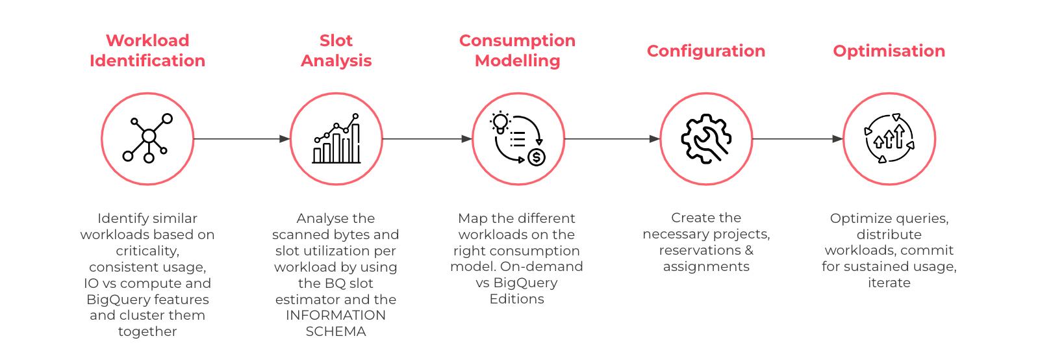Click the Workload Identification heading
[x=147, y=51]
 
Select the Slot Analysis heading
[x=336, y=51]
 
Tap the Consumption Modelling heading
[x=517, y=51]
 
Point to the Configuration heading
[x=706, y=51]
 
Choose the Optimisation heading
[x=889, y=51]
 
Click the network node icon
[x=148, y=138]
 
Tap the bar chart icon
[x=336, y=138]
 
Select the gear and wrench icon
[x=706, y=139]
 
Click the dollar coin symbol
[x=537, y=157]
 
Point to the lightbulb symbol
[x=500, y=123]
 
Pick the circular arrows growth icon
[x=889, y=138]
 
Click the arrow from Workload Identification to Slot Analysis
[x=242, y=139]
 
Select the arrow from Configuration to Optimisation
[x=798, y=139]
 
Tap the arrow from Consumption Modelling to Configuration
[x=613, y=139]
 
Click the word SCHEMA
[x=335, y=331]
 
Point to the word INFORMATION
[x=335, y=315]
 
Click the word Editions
[x=516, y=299]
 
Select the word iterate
[x=889, y=283]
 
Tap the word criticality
[x=147, y=251]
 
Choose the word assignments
[x=706, y=266]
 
